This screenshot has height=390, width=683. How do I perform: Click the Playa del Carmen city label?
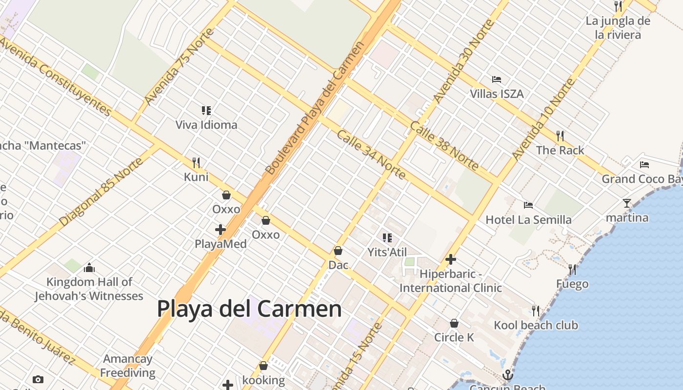(x=249, y=309)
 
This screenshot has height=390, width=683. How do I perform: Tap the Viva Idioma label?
(x=206, y=125)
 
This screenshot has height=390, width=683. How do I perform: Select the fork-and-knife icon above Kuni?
(x=196, y=162)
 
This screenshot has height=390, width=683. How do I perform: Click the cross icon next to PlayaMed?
(x=221, y=229)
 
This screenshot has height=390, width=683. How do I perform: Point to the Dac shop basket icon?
(x=338, y=251)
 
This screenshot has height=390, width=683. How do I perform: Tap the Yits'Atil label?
(x=387, y=252)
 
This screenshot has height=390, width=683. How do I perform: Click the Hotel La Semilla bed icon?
(x=528, y=205)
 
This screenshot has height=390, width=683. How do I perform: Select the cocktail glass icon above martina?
(x=627, y=203)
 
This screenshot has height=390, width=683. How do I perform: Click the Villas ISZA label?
(x=497, y=94)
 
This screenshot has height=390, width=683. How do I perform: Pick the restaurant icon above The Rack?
(x=560, y=136)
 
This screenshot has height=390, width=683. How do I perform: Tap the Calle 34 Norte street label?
(x=371, y=155)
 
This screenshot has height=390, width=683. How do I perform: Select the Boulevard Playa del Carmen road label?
(x=315, y=108)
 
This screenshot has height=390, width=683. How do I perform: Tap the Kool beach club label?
(x=536, y=325)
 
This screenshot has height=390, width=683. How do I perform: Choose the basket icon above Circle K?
(x=454, y=323)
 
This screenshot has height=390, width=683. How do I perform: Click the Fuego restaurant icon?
(x=572, y=269)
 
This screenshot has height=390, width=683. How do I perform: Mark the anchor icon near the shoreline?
(x=508, y=375)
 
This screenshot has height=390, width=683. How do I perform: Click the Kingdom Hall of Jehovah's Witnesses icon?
(x=89, y=268)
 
